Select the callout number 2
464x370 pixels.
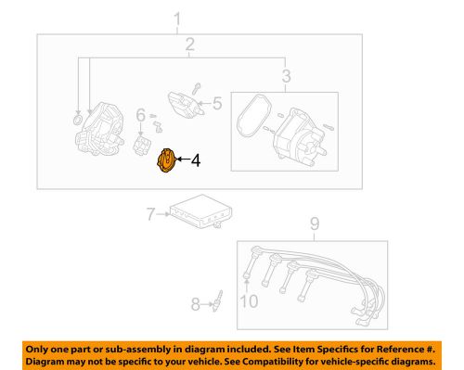(x=189, y=45)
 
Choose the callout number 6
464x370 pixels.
(x=140, y=116)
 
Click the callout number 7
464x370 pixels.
(x=149, y=217)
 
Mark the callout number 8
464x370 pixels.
(x=195, y=302)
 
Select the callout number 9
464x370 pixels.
(x=314, y=223)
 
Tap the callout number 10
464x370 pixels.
(x=247, y=299)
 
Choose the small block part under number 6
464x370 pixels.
(x=142, y=145)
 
